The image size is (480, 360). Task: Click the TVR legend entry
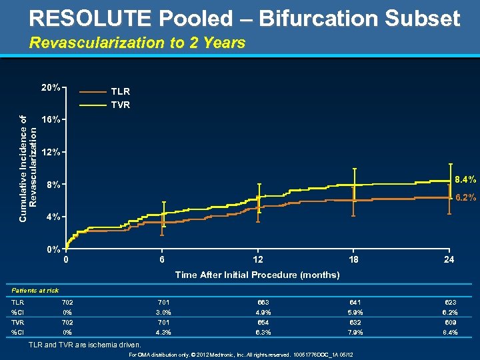[x=120, y=105]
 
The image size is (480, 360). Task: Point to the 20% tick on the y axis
[x=51, y=87]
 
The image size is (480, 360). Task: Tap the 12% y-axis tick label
[x=51, y=152]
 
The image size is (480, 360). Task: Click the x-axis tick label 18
[x=353, y=260]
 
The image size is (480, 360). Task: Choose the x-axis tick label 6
[x=162, y=260]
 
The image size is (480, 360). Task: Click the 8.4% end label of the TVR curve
[x=465, y=179]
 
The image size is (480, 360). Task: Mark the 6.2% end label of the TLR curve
[x=465, y=197]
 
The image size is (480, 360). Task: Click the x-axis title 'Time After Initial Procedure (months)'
[x=257, y=275]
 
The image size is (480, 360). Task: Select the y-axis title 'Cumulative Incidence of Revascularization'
[x=28, y=159]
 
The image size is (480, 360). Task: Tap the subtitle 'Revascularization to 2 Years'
[x=137, y=43]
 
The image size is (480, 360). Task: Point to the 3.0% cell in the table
[x=162, y=312]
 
